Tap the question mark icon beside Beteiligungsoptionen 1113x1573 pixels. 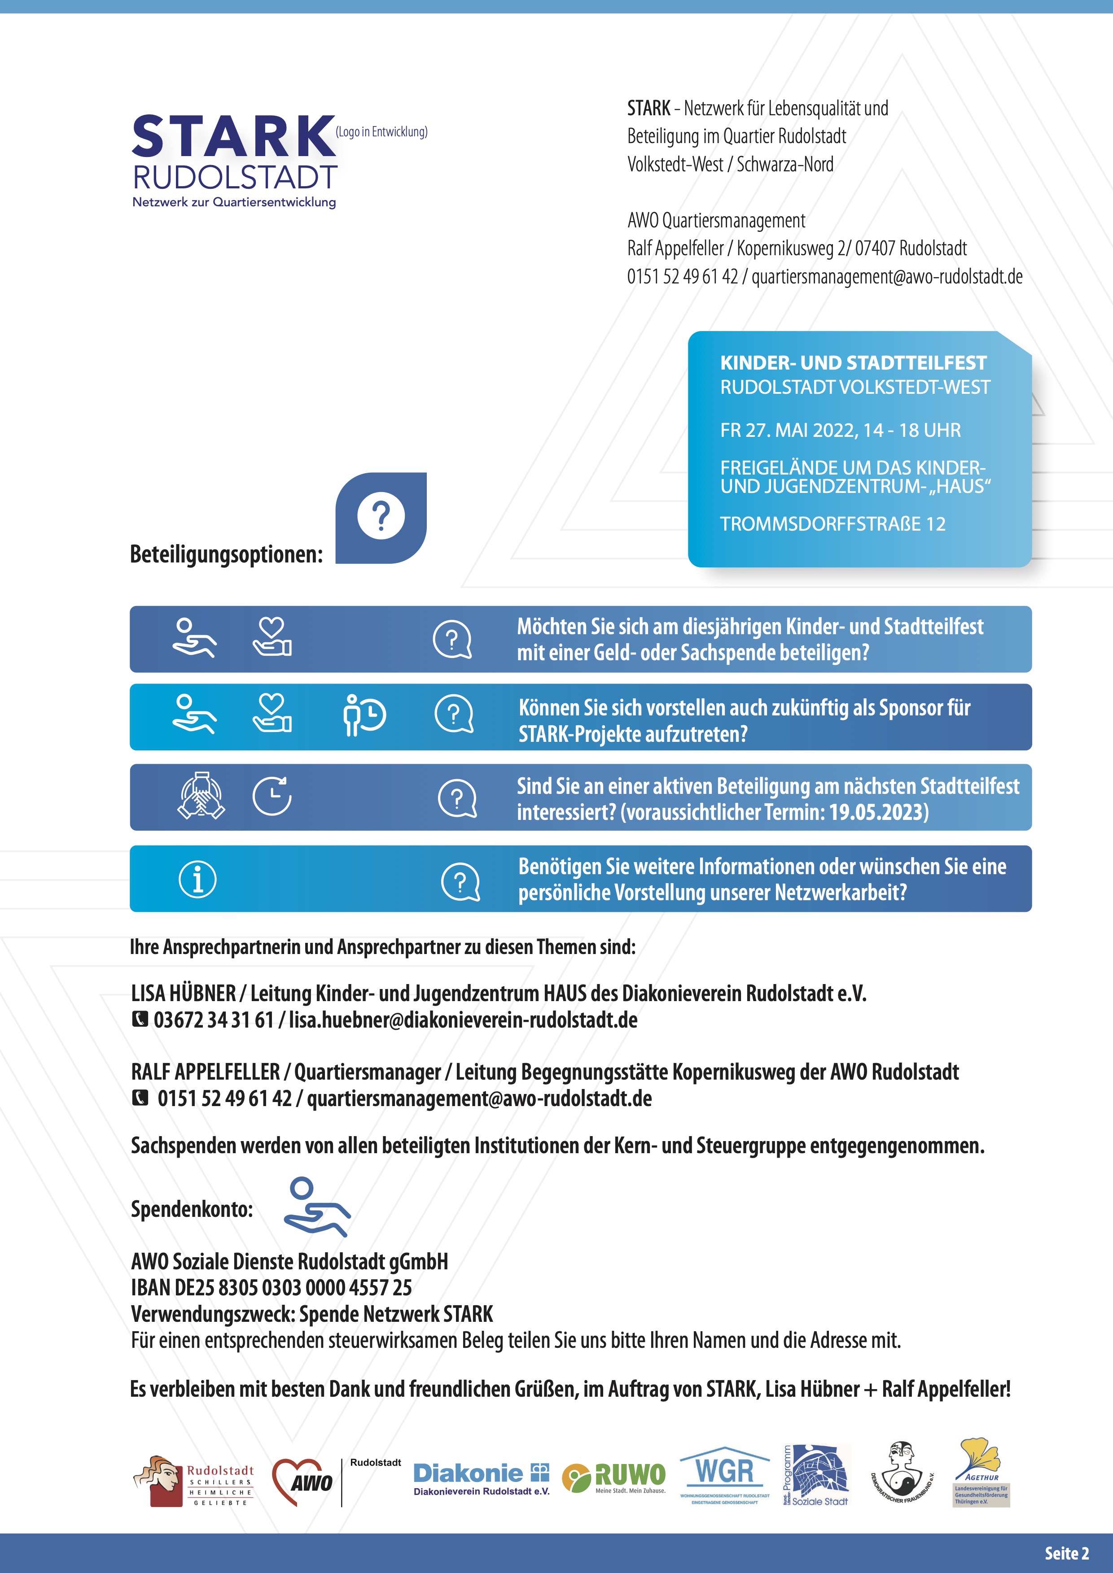pos(381,517)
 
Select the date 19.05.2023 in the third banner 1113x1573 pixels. pos(877,813)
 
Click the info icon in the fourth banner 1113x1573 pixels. pos(197,879)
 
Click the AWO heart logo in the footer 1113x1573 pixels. pos(302,1482)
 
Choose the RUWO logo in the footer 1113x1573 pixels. pos(614,1478)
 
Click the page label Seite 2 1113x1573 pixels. pos(1066,1553)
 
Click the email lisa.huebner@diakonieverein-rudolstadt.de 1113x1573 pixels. pos(463,1020)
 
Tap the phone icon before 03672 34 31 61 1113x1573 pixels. pos(140,1020)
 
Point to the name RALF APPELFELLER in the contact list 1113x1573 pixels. pos(206,1072)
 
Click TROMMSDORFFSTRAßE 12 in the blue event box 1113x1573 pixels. pos(832,524)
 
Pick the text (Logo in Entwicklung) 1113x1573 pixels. pos(382,131)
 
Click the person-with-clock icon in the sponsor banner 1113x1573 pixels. pos(364,716)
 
